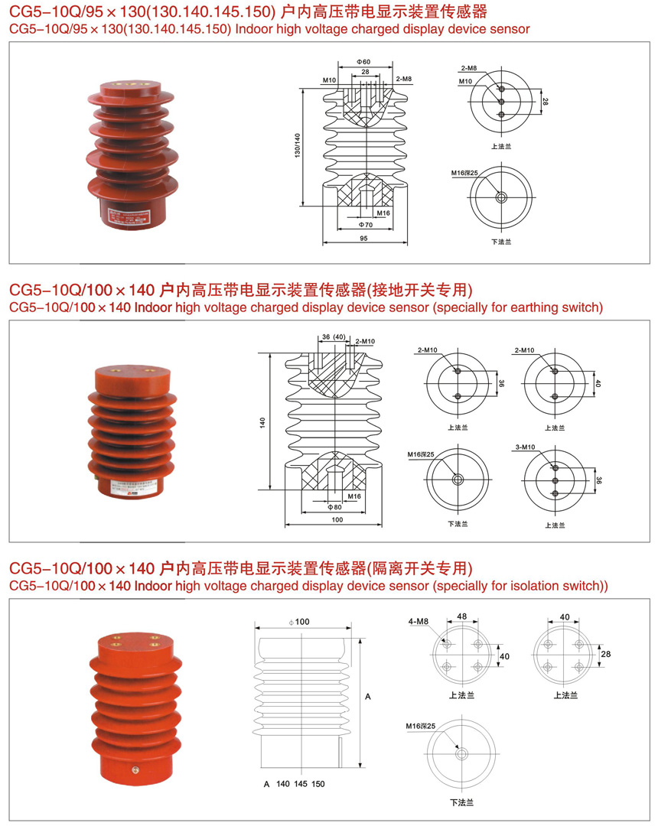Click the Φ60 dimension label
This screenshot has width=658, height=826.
(x=363, y=61)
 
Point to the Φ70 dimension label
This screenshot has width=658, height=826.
(x=365, y=226)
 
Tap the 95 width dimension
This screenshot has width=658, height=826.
(x=363, y=239)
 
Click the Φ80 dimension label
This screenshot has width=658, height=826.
(x=334, y=507)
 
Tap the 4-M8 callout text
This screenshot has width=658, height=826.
(x=418, y=622)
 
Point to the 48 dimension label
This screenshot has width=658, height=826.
(x=462, y=616)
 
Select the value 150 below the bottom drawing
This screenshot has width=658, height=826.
(x=318, y=785)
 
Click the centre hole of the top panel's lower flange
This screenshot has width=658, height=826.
(x=501, y=197)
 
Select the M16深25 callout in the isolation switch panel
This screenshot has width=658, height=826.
(x=421, y=725)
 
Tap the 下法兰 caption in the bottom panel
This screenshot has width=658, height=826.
(x=461, y=803)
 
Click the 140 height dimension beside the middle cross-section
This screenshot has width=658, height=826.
(x=262, y=421)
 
